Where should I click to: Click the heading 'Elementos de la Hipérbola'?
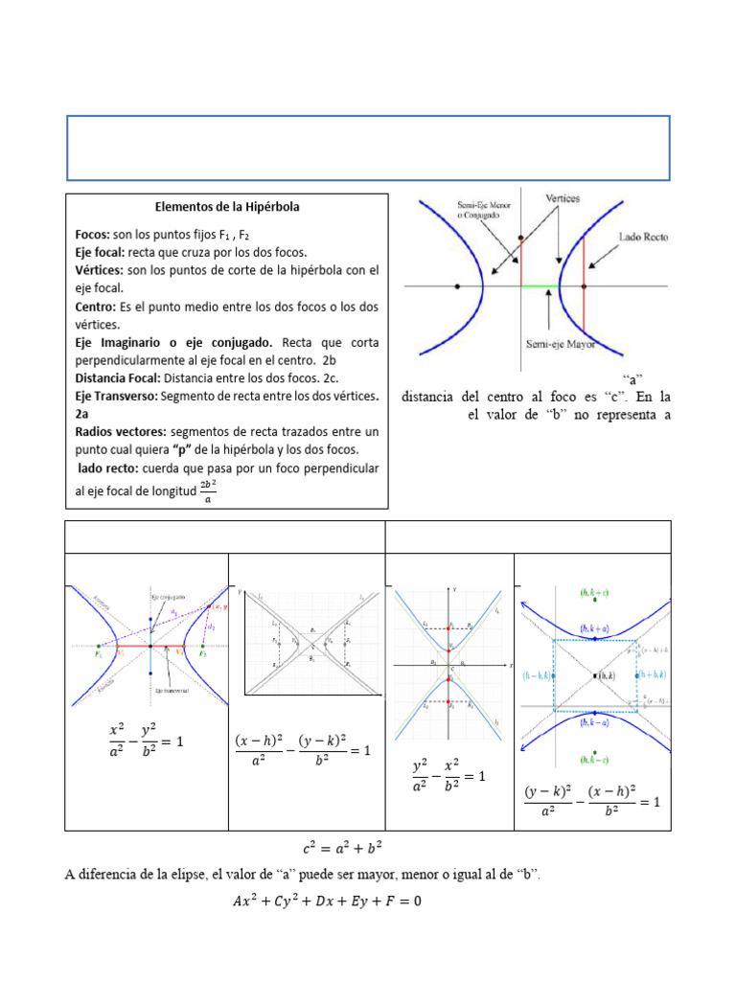tap(227, 206)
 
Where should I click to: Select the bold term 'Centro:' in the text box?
tap(96, 307)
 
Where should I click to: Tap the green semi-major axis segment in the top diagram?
tap(540, 285)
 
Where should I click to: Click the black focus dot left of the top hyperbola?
tap(457, 285)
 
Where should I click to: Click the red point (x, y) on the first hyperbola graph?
tap(214, 607)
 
